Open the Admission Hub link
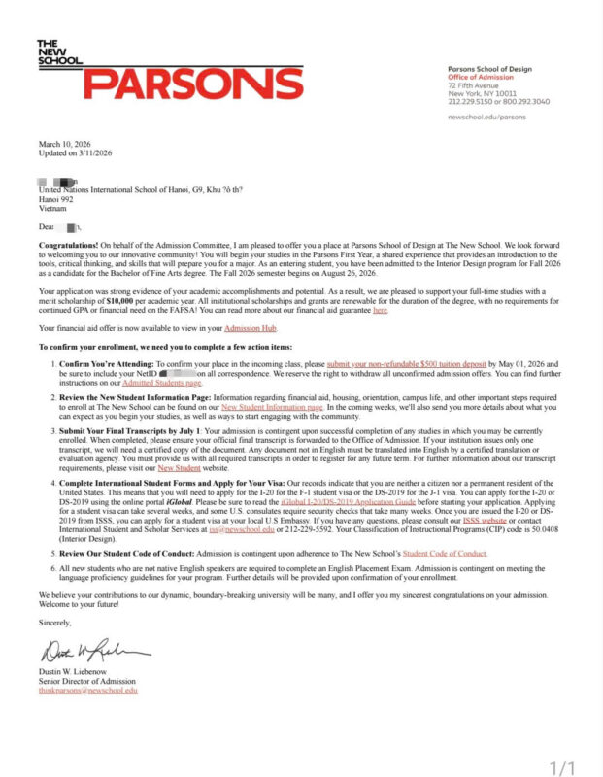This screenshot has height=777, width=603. (249, 330)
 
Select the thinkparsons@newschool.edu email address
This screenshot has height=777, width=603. (88, 691)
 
